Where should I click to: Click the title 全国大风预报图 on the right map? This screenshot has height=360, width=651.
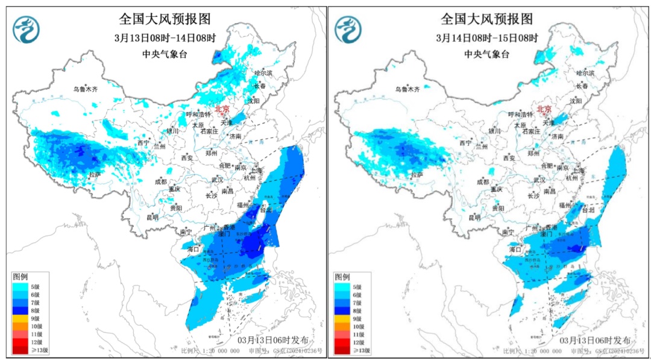(x=487, y=19)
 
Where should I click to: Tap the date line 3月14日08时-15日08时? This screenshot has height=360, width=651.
(x=487, y=37)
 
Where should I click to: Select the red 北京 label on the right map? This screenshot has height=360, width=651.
(x=544, y=109)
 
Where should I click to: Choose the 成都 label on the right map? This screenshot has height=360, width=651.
(x=482, y=181)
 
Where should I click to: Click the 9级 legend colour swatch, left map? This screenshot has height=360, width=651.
(x=22, y=318)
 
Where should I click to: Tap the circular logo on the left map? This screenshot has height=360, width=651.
(x=26, y=30)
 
